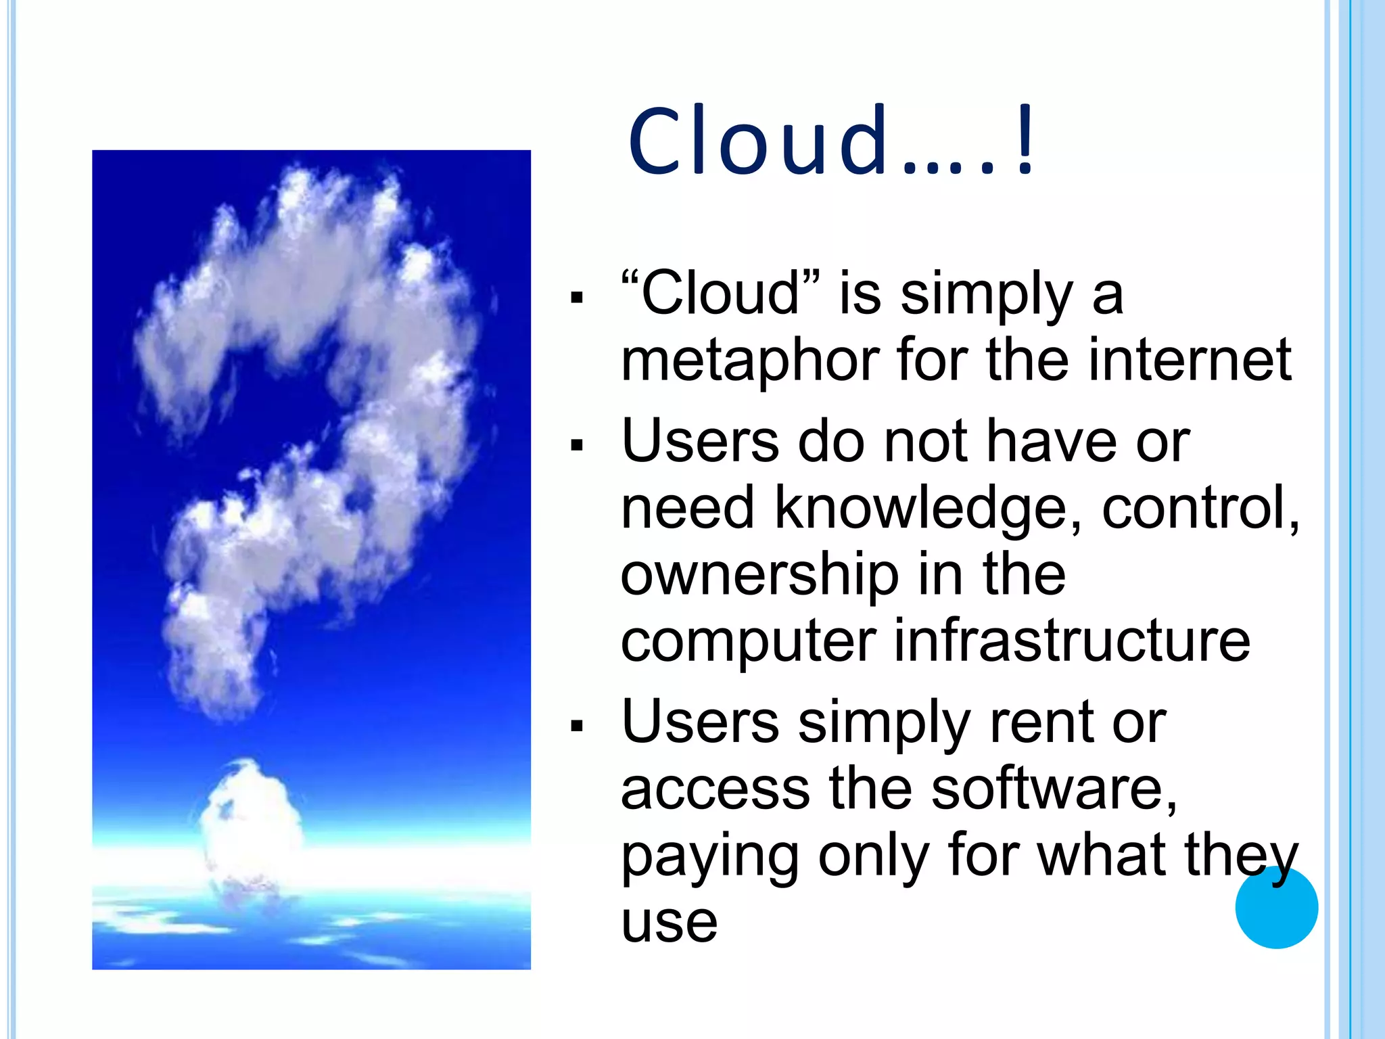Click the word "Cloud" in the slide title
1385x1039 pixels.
click(758, 142)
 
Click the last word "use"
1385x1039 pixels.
click(669, 923)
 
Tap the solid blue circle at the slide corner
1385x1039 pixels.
click(1276, 907)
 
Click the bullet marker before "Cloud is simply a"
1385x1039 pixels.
click(576, 297)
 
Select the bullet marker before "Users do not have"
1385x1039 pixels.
click(576, 445)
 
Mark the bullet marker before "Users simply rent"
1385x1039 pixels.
click(576, 726)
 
